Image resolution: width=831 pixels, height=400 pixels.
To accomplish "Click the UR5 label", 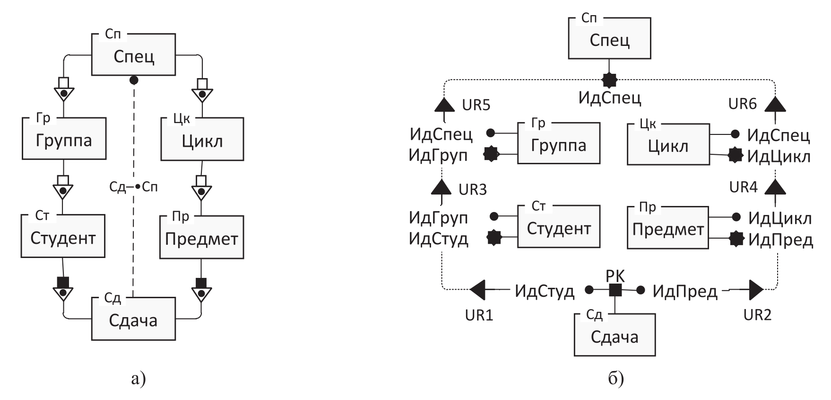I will [476, 105].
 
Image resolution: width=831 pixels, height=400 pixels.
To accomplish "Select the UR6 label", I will [742, 104].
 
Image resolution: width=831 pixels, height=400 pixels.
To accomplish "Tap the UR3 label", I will [473, 189].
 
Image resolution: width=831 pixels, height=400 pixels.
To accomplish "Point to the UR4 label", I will [743, 187].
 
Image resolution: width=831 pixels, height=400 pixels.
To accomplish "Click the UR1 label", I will [479, 315].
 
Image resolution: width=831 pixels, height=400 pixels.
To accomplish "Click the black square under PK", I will [615, 290].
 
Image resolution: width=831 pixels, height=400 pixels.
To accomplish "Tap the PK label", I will [615, 276].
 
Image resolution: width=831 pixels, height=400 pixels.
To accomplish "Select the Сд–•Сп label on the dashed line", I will [133, 187].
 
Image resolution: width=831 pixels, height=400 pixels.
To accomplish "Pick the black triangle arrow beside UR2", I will [755, 290].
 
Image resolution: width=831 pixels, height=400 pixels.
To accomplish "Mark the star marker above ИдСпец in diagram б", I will [610, 80].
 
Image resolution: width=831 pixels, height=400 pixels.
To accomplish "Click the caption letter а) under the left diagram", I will [138, 379].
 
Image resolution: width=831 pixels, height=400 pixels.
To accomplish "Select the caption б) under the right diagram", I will [615, 379].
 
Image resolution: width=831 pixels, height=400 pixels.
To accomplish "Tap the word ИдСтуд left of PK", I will [544, 291].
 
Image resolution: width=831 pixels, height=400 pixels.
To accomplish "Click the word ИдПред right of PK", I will [685, 291].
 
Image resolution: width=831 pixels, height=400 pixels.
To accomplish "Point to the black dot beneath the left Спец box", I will [134, 80].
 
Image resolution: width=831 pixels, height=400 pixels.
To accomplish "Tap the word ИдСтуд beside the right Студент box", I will [438, 239].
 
